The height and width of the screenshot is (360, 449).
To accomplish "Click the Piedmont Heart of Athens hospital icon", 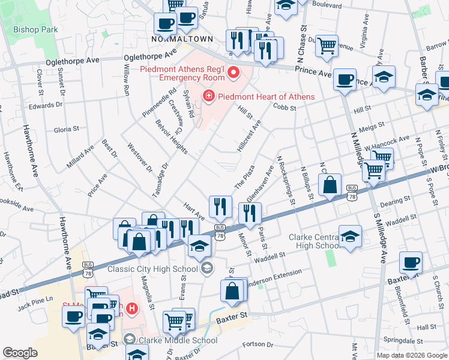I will click(208, 96).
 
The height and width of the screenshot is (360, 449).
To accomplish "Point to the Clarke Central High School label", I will click(316, 241).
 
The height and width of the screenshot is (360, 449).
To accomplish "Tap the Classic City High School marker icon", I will click(207, 268).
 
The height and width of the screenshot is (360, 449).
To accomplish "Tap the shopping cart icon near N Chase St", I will click(327, 45).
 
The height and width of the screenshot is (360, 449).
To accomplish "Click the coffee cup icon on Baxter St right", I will click(411, 262).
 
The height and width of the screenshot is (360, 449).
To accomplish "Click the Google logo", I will click(20, 353).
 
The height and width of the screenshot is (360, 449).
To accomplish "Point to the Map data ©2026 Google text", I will click(412, 355).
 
